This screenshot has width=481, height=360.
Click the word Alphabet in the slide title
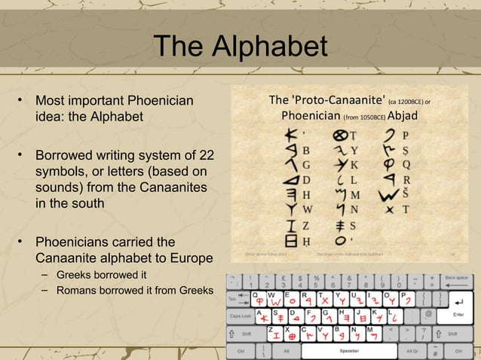(271, 47)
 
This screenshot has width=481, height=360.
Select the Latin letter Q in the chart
(406, 164)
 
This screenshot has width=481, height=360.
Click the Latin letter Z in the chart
(306, 226)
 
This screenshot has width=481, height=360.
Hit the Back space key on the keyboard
(455, 279)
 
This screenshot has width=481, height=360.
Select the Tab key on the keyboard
(235, 298)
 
